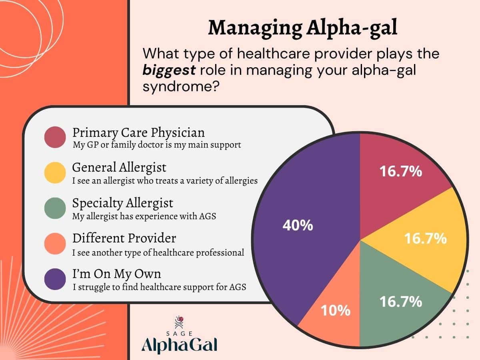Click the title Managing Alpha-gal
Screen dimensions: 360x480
303,28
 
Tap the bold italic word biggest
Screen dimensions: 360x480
169,70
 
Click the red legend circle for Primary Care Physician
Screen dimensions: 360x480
55,137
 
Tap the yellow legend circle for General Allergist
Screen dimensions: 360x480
55,172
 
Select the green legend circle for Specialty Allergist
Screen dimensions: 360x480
55,208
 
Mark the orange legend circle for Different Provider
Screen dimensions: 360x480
55,244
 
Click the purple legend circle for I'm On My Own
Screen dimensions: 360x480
55,279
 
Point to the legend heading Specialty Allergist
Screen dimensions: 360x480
123,203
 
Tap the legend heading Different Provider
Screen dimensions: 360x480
124,238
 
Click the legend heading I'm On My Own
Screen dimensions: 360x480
117,274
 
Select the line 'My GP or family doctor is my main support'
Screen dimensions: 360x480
157,145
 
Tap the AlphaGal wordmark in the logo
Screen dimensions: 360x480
180,344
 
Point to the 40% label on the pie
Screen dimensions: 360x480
298,226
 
